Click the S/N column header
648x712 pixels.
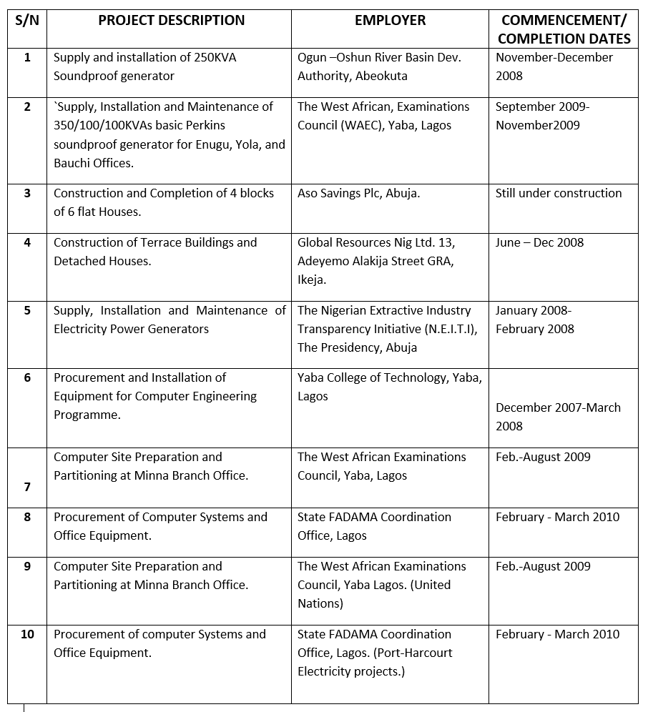point(27,21)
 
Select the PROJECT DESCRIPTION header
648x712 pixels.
point(171,21)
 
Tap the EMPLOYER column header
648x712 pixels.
point(390,21)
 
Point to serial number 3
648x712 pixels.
point(27,193)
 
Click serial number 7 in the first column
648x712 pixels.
point(27,487)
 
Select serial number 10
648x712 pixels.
point(27,634)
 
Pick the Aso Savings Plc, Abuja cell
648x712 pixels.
point(358,193)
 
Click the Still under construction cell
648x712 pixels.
point(559,193)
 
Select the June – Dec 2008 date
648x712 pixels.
point(539,242)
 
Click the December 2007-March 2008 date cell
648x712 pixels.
point(558,416)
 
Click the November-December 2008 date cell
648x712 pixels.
point(554,66)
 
